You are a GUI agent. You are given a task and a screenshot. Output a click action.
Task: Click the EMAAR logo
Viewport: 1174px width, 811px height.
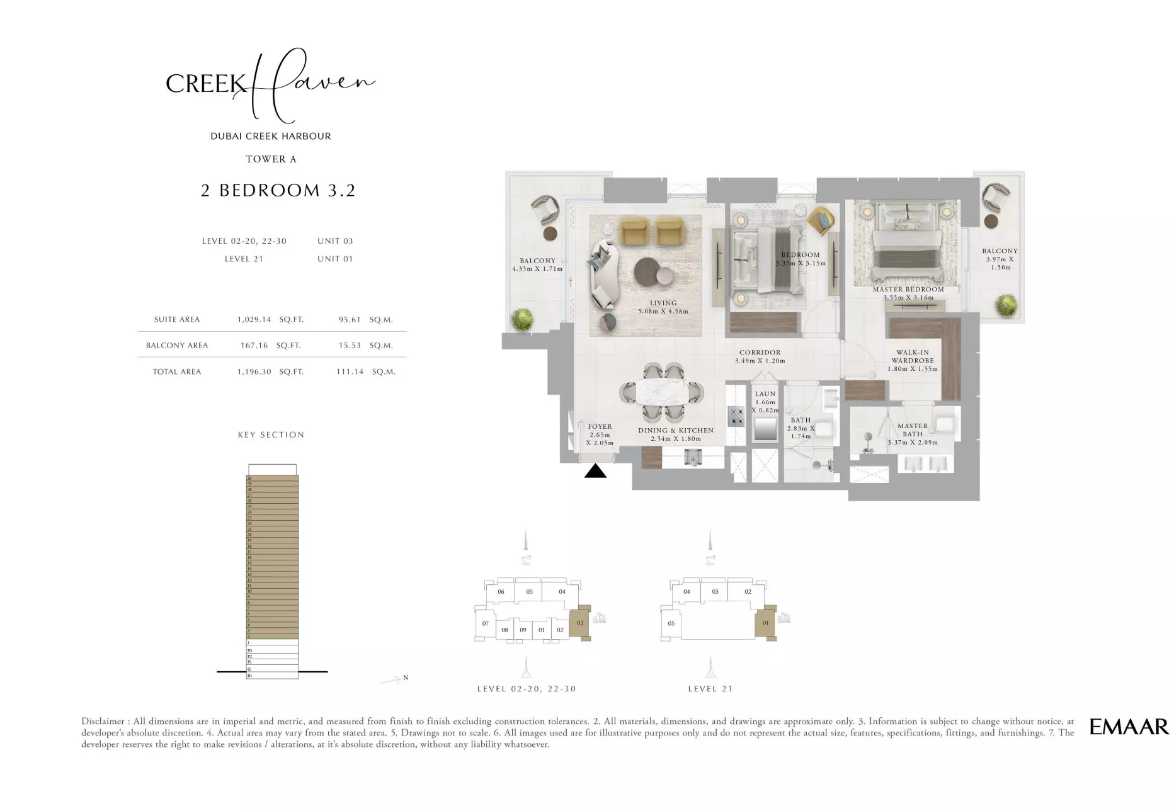(x=1129, y=727)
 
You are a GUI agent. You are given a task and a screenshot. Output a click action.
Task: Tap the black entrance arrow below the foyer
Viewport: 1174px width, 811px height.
(x=595, y=471)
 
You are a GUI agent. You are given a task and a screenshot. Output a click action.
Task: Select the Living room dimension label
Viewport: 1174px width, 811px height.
(x=663, y=311)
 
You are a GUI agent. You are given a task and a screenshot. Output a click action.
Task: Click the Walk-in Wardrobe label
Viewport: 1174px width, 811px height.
(x=912, y=361)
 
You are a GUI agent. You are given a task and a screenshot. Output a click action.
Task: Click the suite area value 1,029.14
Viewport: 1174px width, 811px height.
(x=254, y=319)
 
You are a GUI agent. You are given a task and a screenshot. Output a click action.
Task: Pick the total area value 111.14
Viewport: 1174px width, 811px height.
(x=350, y=371)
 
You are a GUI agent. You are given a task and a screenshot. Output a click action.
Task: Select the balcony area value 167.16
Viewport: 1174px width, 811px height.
(x=254, y=345)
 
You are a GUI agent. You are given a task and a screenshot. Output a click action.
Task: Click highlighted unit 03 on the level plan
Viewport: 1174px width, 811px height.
(x=580, y=623)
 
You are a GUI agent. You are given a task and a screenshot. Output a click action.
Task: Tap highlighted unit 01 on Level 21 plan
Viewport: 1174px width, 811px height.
(x=765, y=623)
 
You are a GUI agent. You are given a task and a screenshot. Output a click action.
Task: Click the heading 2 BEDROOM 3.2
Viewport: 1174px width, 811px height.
(x=278, y=190)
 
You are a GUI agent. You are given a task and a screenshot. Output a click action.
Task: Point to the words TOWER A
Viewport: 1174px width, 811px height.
(x=271, y=159)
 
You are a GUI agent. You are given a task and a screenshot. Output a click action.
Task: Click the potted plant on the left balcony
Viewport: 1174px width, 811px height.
(x=522, y=319)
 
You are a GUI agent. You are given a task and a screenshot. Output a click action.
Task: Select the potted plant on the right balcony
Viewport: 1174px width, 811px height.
(x=1006, y=306)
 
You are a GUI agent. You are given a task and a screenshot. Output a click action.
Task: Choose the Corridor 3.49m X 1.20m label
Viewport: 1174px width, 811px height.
(x=760, y=357)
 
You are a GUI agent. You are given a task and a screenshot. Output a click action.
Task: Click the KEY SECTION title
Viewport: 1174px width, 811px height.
(x=271, y=434)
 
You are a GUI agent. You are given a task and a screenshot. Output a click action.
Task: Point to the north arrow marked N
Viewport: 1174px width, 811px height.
(x=394, y=679)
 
